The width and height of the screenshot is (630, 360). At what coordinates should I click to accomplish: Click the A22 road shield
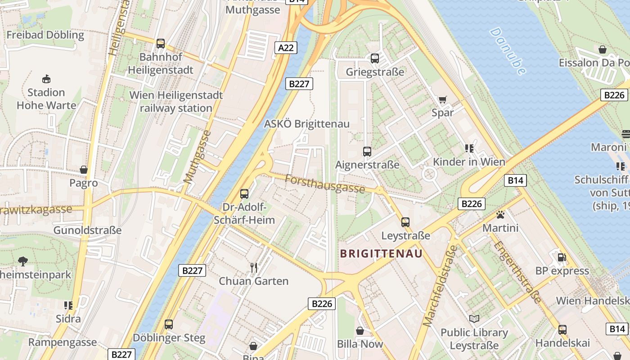tap(286, 47)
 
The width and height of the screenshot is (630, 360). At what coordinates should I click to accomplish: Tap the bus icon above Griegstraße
tap(375, 58)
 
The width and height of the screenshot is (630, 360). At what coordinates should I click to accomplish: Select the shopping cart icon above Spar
tap(443, 99)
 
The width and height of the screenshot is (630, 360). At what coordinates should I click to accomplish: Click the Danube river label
tap(508, 51)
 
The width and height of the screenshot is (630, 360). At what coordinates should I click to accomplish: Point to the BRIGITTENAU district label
tap(381, 253)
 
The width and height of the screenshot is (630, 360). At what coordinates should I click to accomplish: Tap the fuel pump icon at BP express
tap(562, 257)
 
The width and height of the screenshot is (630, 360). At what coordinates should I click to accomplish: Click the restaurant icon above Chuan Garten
tap(254, 268)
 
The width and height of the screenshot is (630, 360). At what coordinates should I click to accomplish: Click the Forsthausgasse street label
tap(324, 184)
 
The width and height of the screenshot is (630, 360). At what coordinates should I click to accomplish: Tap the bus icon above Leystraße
tap(405, 222)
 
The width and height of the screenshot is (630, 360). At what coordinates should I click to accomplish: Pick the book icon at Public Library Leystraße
tap(474, 319)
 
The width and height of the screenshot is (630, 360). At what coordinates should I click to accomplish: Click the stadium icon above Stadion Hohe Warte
tap(46, 79)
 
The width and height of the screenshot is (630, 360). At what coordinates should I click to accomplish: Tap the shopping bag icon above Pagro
tap(84, 170)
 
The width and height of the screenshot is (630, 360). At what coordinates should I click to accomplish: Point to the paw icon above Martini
tap(500, 215)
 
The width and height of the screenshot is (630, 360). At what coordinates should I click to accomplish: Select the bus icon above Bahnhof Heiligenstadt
tap(161, 44)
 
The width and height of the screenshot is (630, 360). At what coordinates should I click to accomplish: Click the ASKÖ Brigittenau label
tap(306, 124)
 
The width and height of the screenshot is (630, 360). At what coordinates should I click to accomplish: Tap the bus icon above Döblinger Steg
tap(169, 324)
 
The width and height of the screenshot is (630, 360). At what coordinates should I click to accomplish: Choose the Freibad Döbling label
tap(45, 35)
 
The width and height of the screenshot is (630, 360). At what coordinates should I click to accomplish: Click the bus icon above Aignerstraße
tap(367, 151)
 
